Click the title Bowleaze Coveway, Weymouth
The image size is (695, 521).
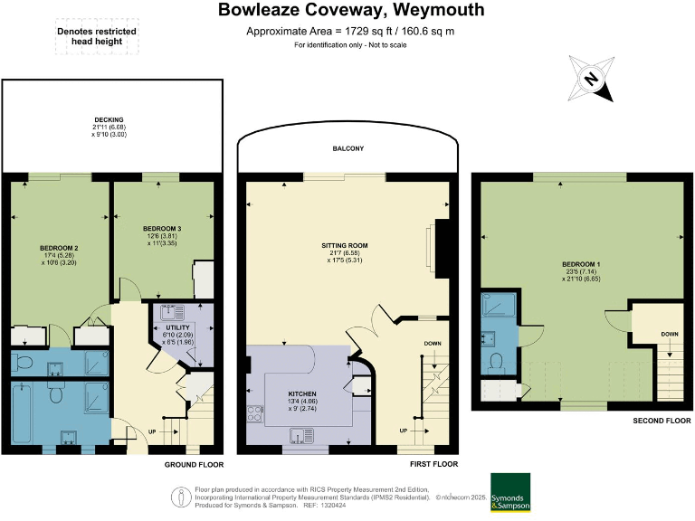[352, 11]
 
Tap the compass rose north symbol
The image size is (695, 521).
[590, 80]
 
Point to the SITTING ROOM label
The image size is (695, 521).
[344, 245]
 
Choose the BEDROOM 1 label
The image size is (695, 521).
[581, 263]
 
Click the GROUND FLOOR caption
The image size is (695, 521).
[194, 464]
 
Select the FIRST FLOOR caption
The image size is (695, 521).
[427, 464]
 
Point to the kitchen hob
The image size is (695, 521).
[254, 416]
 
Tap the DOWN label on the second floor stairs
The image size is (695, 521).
[669, 334]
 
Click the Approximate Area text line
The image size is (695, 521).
[351, 32]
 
